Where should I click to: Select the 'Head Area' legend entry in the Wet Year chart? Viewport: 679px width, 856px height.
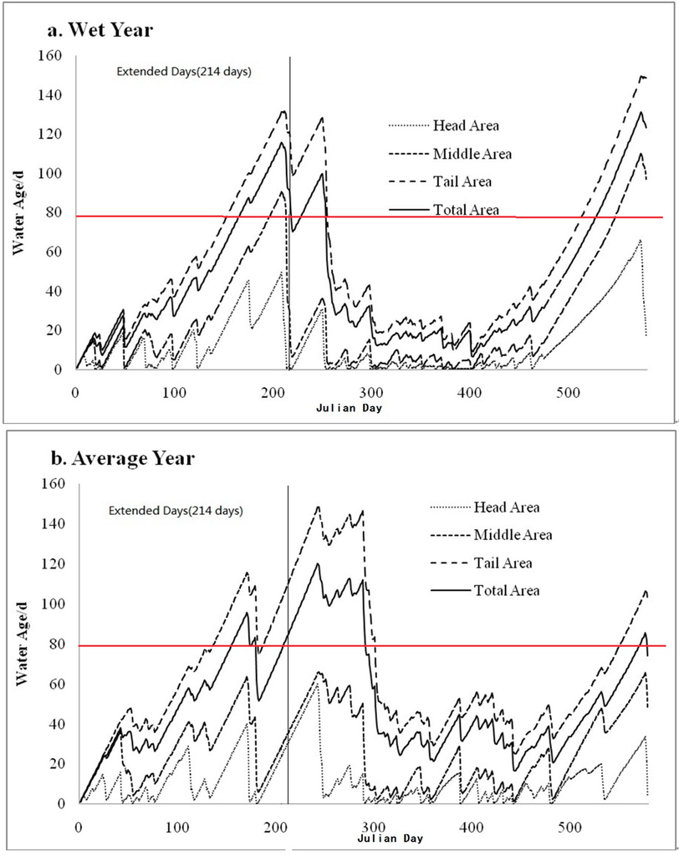(x=467, y=125)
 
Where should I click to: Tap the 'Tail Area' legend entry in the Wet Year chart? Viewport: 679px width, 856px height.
(x=462, y=181)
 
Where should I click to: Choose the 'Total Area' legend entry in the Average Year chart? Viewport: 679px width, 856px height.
(x=506, y=590)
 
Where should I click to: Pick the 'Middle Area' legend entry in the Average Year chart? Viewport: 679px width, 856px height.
(x=513, y=534)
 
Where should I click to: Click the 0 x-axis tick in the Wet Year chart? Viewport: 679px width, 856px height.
(x=75, y=392)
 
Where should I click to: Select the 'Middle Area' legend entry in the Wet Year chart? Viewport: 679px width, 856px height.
(x=472, y=154)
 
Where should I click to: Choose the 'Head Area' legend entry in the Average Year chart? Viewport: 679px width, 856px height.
(x=506, y=507)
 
